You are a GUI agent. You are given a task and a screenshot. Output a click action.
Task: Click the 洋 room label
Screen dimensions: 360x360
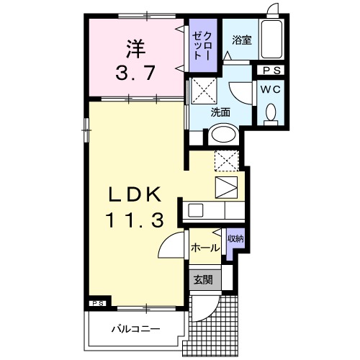pos(135,49)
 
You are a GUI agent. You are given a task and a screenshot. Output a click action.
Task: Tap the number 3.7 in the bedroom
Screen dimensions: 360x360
pos(134,73)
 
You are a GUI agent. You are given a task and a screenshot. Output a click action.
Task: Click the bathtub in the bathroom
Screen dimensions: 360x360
pos(271,40)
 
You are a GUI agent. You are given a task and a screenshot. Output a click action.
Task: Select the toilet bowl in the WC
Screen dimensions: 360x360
pos(271,113)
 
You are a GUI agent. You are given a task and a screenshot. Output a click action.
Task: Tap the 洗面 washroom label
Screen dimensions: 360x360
pos(220,113)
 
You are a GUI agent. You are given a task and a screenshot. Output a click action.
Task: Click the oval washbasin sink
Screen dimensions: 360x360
pos(222,135)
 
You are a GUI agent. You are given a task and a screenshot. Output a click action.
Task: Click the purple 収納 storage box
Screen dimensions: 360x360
pos(235,243)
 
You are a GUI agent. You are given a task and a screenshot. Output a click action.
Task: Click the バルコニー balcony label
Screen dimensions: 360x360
pos(135,329)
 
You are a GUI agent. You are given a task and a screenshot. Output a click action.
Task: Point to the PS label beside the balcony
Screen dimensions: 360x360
pos(99,304)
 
